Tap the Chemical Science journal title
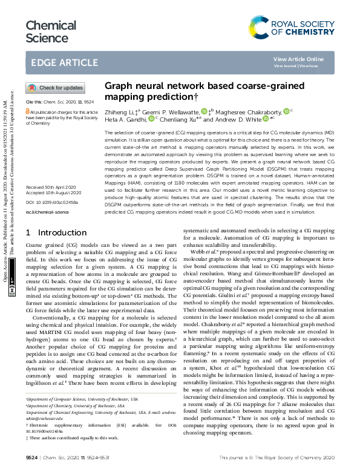click(x=48, y=31)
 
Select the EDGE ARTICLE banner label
click(x=64, y=63)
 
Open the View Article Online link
click(x=298, y=59)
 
